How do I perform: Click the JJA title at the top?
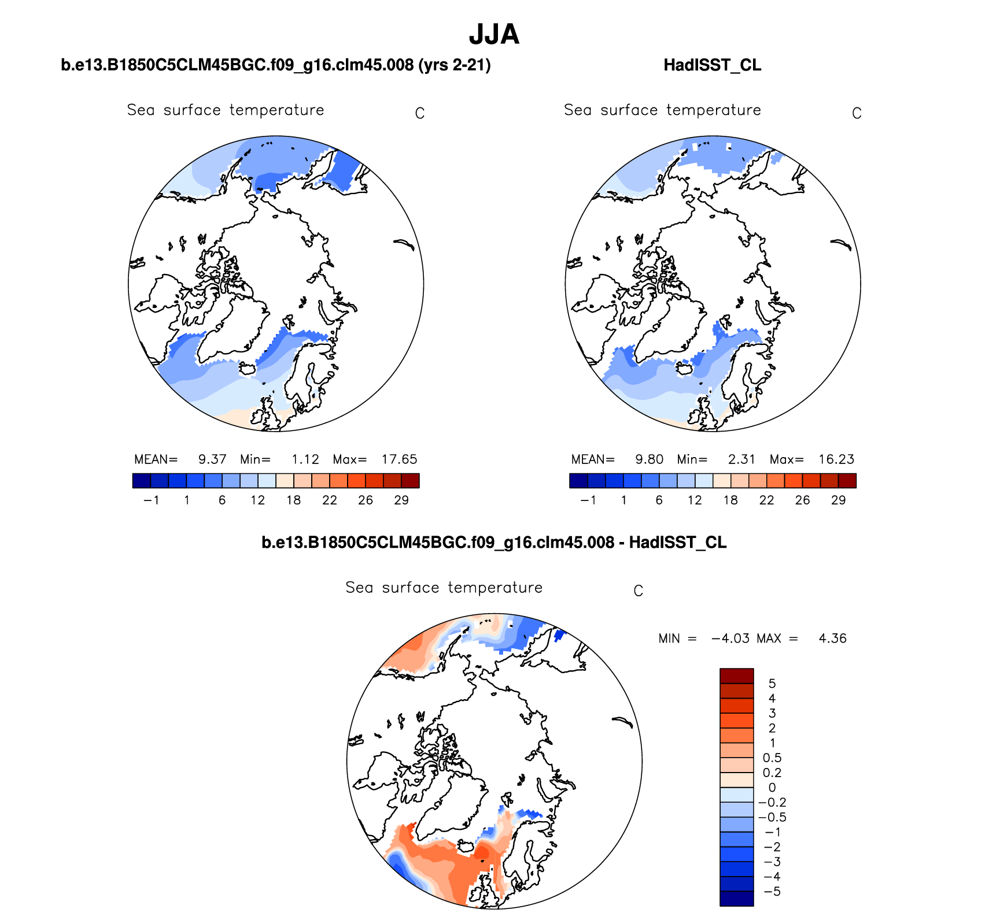[494, 35]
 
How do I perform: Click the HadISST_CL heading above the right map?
[712, 65]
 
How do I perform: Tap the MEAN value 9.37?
[212, 459]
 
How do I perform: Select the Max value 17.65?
[399, 459]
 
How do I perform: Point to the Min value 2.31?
[741, 459]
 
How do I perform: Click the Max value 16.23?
[836, 459]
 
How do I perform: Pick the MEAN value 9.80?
[649, 459]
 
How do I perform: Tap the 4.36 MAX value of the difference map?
[832, 639]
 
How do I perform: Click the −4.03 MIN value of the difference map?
[730, 639]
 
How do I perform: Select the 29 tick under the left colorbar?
[401, 500]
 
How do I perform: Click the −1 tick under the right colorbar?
[588, 500]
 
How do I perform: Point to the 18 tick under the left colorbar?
[294, 500]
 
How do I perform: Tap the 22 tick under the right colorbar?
[766, 500]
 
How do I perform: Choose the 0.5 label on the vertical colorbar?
[772, 758]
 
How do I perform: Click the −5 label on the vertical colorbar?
[772, 892]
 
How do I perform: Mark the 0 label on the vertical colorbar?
[772, 788]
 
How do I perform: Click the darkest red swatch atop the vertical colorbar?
[736, 676]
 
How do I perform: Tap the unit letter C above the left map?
[420, 114]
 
